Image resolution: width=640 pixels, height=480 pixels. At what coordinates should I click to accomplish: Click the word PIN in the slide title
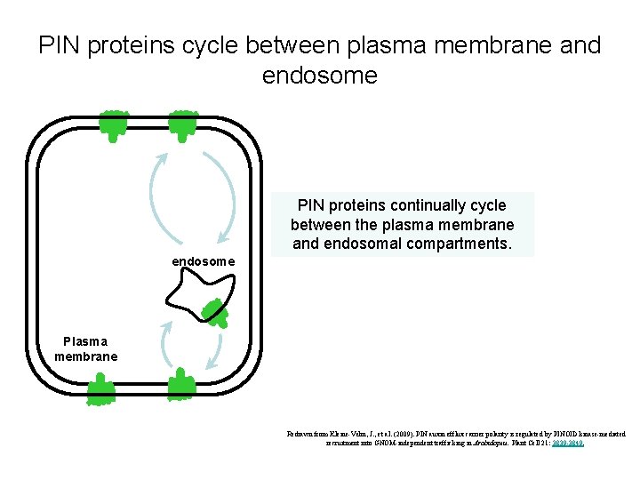coord(58,45)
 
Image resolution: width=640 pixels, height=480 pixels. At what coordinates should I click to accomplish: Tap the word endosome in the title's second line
coord(319,76)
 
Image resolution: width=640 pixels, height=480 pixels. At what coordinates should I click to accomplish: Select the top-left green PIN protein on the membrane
coord(114,125)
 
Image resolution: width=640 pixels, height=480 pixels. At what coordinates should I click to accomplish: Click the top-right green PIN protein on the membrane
coord(184,125)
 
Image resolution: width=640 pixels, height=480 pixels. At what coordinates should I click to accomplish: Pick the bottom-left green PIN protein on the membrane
coord(100,388)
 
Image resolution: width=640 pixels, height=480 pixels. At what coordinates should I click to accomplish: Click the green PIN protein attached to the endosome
coord(214,309)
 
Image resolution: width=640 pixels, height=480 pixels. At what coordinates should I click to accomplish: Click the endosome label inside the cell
coord(203,261)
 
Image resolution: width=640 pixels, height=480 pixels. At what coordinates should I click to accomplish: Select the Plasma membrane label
coord(85,348)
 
